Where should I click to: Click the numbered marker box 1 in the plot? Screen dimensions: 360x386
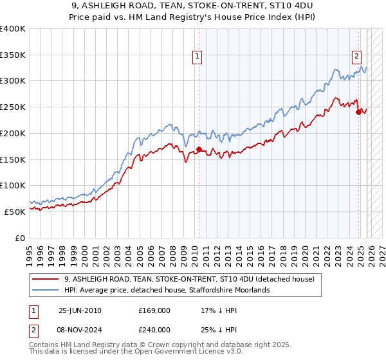click(x=198, y=56)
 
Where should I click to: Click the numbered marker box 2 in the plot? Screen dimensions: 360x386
click(x=356, y=56)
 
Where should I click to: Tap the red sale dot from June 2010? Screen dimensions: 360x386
click(x=199, y=149)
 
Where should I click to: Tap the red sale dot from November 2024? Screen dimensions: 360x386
click(x=358, y=112)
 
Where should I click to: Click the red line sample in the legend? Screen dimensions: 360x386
click(x=46, y=280)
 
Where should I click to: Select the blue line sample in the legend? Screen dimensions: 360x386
click(x=46, y=291)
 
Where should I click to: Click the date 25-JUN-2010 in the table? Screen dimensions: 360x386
click(x=80, y=310)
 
